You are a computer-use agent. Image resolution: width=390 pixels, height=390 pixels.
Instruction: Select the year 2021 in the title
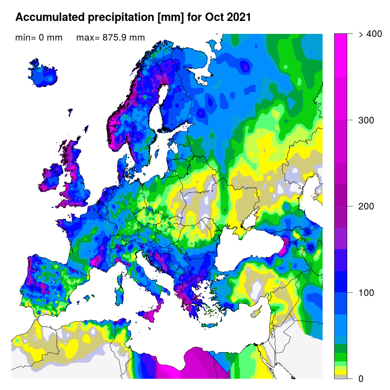tap(237, 17)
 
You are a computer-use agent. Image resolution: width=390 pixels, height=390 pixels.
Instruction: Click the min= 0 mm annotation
tap(39, 37)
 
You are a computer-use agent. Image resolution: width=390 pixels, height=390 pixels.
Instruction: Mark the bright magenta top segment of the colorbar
tap(341, 45)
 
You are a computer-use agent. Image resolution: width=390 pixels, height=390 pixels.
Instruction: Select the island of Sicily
tap(150, 315)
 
